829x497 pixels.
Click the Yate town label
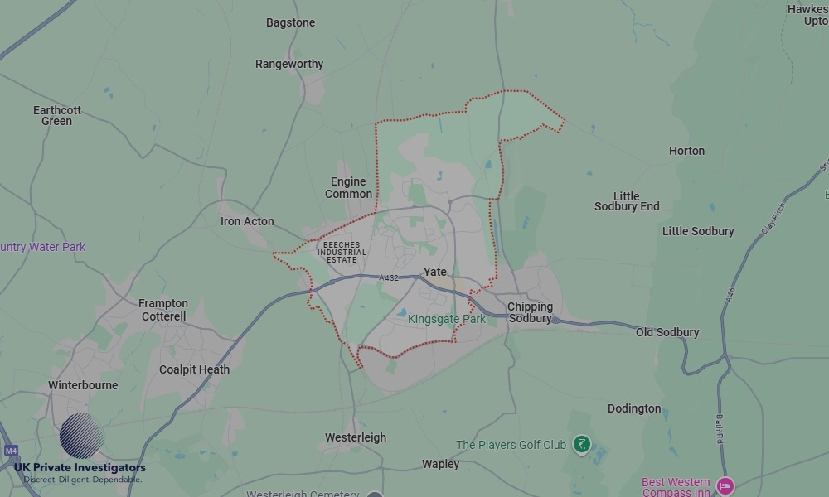pos(434,272)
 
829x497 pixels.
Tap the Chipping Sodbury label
pos(530,312)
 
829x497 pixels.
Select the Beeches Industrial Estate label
pos(341,253)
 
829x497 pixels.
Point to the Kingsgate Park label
pos(447,319)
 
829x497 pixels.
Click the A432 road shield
pos(389,278)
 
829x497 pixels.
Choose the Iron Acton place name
pos(247,221)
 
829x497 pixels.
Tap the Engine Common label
pos(348,188)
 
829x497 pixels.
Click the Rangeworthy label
pos(289,64)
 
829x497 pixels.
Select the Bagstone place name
pos(290,22)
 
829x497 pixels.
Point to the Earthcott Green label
pos(57,115)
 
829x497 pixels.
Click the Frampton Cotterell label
pos(163,310)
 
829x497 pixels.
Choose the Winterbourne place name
pos(83,385)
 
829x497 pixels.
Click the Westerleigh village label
pos(355,437)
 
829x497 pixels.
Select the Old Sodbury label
pos(667,332)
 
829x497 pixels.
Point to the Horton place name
pos(686,151)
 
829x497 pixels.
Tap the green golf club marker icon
pos(582,445)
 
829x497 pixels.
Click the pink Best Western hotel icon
pos(726,486)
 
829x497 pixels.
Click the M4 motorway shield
pos(11,451)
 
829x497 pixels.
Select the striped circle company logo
pos(81,436)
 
